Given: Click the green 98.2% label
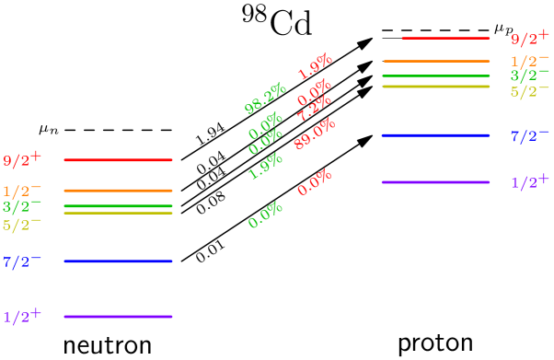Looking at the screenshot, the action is (x=265, y=99).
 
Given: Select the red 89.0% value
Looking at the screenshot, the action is (x=314, y=134).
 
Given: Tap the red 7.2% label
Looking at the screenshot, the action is (x=314, y=109).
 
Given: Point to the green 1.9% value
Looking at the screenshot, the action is (x=265, y=166).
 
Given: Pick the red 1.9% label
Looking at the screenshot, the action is (x=315, y=66).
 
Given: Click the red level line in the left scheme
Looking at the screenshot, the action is (x=118, y=160).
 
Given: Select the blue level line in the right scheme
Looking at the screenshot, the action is (x=435, y=135).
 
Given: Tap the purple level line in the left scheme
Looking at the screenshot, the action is (x=118, y=317).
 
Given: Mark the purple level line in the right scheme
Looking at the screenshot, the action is (x=435, y=182).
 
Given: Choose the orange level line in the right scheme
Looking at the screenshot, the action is (x=435, y=62).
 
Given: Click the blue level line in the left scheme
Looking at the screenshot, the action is (x=118, y=261).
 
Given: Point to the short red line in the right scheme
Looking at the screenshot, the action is (x=444, y=39).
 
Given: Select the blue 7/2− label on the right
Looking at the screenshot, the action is (x=529, y=135).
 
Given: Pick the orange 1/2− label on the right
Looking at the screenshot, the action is (x=529, y=61).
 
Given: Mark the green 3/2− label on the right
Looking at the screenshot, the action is (x=529, y=75).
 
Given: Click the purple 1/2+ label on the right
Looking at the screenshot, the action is (x=529, y=181).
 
